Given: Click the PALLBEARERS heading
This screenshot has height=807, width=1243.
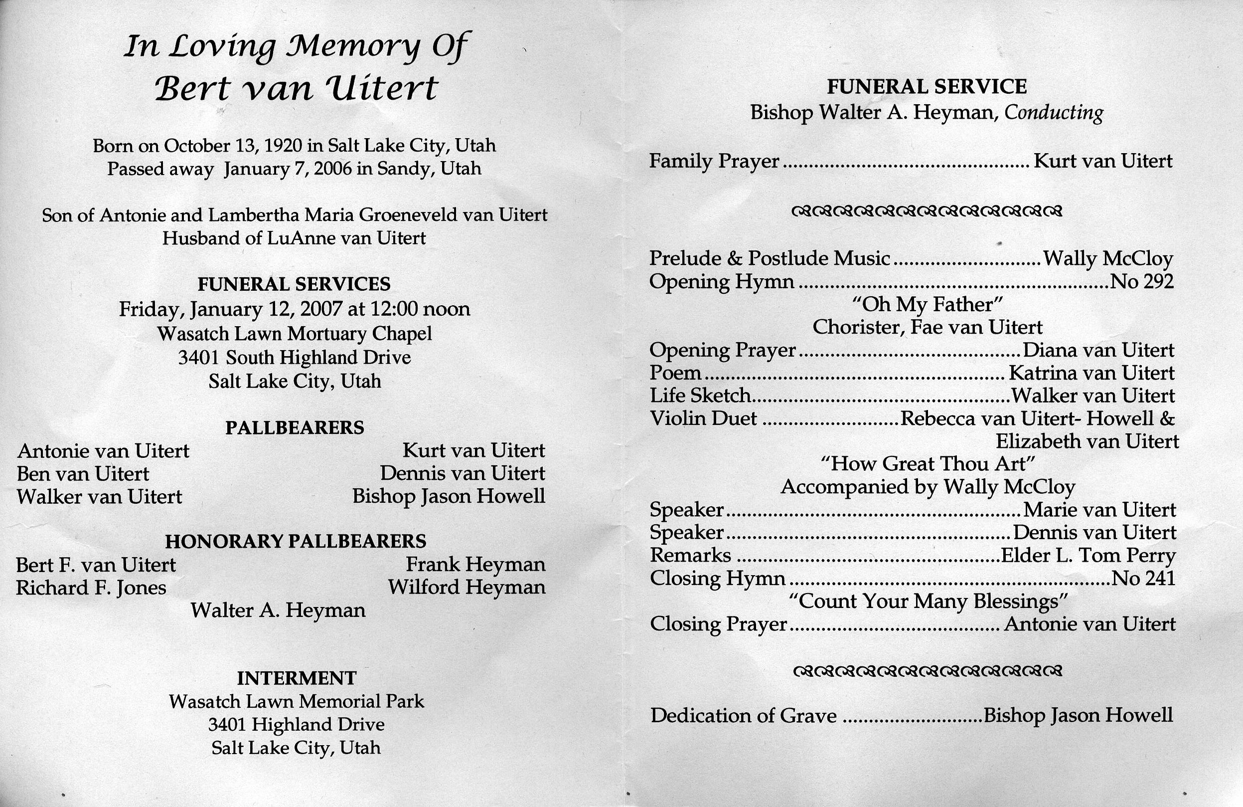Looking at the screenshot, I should [x=295, y=428].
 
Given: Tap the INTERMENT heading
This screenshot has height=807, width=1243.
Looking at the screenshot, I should [x=297, y=678].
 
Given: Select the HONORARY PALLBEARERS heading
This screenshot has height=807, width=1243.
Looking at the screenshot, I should [x=296, y=541].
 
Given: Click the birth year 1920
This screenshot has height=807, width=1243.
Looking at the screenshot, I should [x=283, y=145].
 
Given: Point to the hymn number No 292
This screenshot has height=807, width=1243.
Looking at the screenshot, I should [x=1142, y=282].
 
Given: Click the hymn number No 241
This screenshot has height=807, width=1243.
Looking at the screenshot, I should [x=1143, y=579].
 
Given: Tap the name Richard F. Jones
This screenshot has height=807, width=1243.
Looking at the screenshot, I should [x=91, y=588].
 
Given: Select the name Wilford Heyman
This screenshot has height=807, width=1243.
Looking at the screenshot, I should [x=466, y=588].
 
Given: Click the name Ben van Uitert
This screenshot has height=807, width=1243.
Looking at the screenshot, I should [x=83, y=474].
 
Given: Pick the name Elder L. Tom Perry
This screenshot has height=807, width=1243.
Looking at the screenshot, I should [x=1088, y=556].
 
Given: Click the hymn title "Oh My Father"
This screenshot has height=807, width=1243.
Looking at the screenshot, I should [x=927, y=305].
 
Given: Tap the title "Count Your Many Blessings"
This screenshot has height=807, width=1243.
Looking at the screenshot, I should [x=927, y=602].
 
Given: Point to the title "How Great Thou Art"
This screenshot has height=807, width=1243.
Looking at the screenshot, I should [x=928, y=464].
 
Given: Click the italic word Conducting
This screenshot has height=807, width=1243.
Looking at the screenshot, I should [x=1054, y=113].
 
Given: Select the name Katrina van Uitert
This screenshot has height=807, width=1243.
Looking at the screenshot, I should [x=1091, y=373].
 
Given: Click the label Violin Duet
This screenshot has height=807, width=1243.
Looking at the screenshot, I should [x=703, y=418].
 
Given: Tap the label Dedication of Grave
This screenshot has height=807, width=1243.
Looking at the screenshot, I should [x=743, y=716].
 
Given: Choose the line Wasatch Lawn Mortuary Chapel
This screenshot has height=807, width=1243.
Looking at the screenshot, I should [x=295, y=334].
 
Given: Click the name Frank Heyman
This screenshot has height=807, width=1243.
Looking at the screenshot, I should [x=475, y=565].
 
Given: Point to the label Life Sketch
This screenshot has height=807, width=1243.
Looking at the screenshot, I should [x=700, y=396].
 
